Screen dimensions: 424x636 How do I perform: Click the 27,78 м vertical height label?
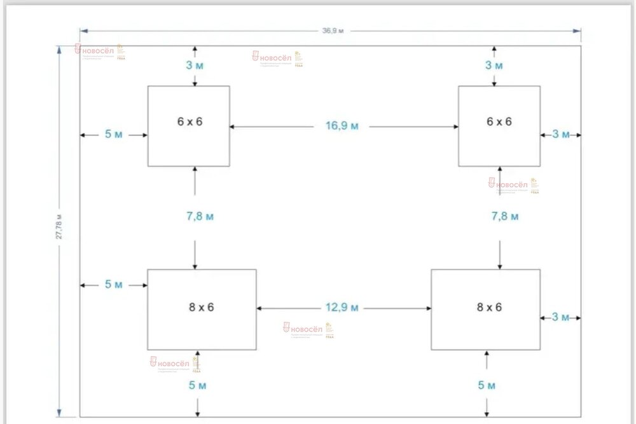click(59, 227)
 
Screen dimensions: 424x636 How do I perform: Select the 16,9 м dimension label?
click(342, 126)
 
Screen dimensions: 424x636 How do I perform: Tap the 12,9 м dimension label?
click(342, 308)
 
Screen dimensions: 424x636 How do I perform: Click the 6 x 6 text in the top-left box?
click(190, 121)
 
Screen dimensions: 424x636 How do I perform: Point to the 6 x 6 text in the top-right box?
click(499, 121)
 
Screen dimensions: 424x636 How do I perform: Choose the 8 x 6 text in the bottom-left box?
click(201, 307)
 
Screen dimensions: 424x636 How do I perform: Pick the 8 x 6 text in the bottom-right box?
click(488, 307)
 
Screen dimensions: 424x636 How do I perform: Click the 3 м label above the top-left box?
click(195, 65)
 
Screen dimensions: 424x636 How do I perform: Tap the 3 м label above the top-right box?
click(494, 65)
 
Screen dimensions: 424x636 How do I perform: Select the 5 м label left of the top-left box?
click(114, 134)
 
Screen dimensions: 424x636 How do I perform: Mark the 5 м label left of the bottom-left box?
click(114, 285)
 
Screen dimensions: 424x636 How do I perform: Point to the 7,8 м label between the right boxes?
click(505, 216)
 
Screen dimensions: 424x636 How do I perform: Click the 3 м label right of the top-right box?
click(561, 134)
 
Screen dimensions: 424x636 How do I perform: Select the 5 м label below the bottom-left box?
click(198, 385)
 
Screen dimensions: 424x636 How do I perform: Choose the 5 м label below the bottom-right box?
click(487, 385)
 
